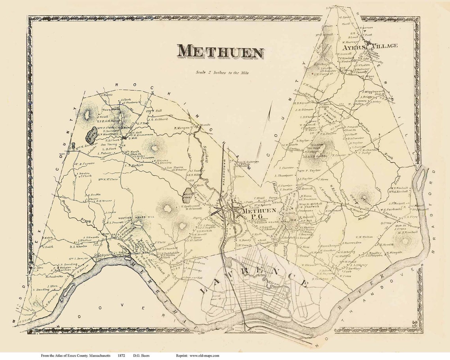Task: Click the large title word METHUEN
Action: [220, 52]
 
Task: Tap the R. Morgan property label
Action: [182, 128]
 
